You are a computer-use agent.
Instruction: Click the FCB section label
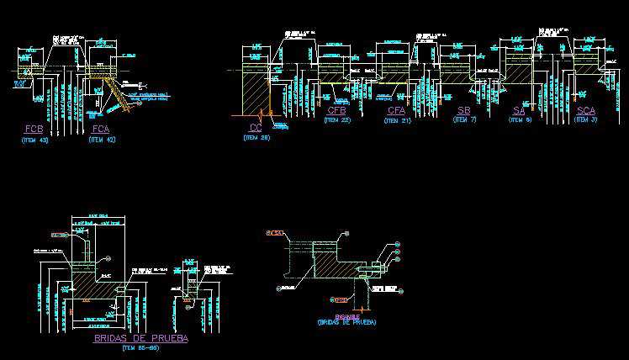[x=34, y=129]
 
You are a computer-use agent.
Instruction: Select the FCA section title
[x=101, y=129]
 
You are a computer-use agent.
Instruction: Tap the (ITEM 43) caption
[x=34, y=140]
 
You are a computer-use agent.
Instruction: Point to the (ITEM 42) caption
[x=101, y=140]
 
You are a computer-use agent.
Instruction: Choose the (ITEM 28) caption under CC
[x=257, y=137]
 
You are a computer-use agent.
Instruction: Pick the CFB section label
[x=337, y=111]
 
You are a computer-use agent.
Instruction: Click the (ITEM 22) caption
[x=337, y=120]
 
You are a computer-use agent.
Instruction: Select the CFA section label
[x=397, y=111]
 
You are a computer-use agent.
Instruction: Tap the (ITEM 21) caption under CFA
[x=397, y=120]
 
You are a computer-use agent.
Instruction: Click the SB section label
[x=464, y=111]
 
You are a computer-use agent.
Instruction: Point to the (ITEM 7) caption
[x=464, y=120]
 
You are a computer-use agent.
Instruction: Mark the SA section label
[x=519, y=111]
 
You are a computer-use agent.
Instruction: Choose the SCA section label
[x=586, y=111]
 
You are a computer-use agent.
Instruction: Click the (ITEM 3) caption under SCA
[x=586, y=120]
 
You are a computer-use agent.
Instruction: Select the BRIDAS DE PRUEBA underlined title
[x=140, y=338]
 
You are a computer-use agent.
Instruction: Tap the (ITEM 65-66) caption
[x=140, y=347]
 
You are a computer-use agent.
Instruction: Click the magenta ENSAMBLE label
[x=346, y=316]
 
